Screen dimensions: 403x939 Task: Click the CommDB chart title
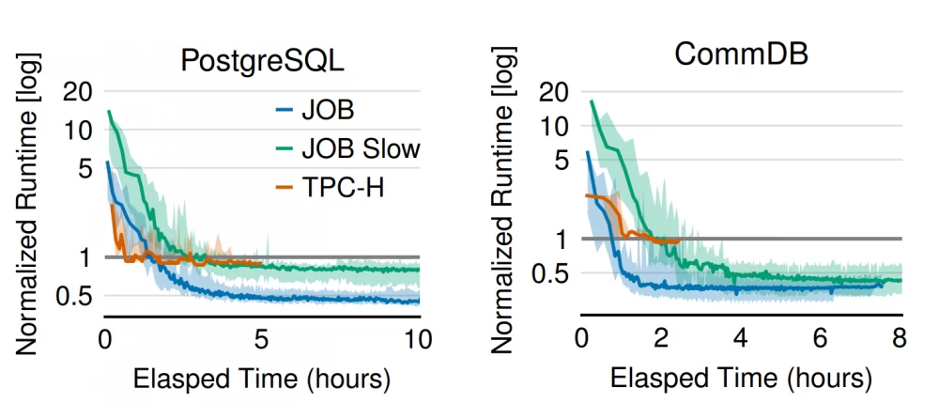click(741, 53)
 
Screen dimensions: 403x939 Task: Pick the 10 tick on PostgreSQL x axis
click(418, 338)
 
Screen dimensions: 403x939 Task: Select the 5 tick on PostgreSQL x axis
click(262, 338)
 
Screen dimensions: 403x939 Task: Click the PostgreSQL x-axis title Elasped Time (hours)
click(261, 380)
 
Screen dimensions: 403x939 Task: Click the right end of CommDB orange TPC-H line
click(679, 240)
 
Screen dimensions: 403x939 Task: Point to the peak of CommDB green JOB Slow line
click(592, 101)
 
